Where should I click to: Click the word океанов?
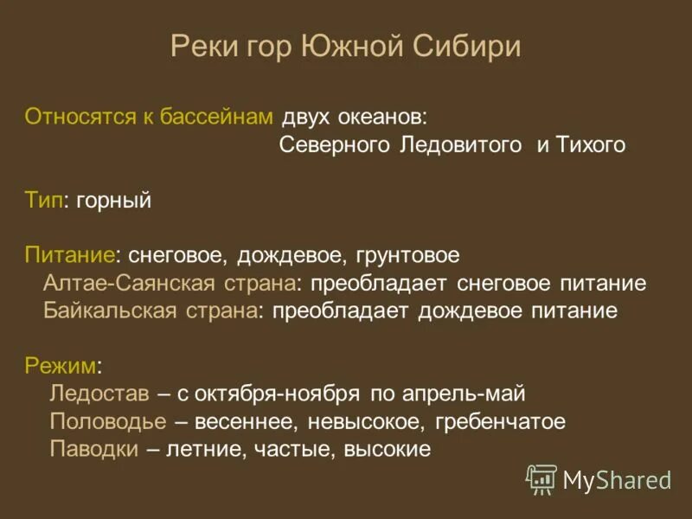(384, 117)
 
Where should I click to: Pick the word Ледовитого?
(461, 145)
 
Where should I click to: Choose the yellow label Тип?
(43, 201)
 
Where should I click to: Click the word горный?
(113, 201)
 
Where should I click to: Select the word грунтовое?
(407, 256)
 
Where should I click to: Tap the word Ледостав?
(100, 394)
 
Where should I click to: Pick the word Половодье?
(108, 422)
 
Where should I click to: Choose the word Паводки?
(93, 450)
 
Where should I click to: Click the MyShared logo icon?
(541, 478)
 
